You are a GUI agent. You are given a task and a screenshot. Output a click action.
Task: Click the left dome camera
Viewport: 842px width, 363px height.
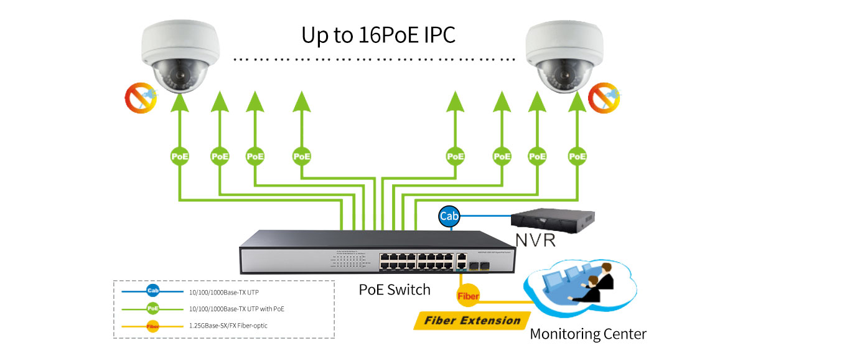tap(179, 55)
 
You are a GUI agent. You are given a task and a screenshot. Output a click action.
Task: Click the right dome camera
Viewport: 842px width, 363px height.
tap(562, 55)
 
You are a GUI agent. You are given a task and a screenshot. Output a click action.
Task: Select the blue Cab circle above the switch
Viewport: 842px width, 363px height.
tap(449, 217)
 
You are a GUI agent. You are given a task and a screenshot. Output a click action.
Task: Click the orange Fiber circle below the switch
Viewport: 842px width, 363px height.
tap(468, 296)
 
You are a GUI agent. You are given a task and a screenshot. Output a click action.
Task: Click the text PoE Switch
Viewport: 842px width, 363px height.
tap(395, 290)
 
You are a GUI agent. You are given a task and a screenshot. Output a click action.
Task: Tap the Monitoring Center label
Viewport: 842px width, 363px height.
tap(588, 334)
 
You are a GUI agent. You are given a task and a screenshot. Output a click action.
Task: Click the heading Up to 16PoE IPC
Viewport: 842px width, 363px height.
tap(378, 35)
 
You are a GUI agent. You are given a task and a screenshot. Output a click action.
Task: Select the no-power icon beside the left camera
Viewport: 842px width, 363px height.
tap(140, 97)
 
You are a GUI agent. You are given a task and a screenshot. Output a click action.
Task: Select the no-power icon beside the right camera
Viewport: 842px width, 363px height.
tap(603, 97)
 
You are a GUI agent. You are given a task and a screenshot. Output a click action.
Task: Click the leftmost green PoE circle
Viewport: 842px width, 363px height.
tap(180, 156)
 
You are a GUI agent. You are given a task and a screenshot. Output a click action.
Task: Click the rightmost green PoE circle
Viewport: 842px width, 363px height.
tap(578, 156)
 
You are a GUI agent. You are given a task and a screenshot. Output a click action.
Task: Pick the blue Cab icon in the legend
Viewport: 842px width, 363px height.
tap(153, 291)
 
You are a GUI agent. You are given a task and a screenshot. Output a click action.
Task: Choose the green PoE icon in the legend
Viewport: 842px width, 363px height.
tap(153, 308)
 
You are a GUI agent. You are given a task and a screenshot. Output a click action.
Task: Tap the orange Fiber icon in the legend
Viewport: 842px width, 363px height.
tap(153, 326)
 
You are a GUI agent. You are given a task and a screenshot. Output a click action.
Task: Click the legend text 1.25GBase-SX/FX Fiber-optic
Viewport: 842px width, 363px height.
tap(228, 326)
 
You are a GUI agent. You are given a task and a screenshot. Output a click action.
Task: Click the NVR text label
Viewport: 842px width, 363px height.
tap(535, 240)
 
